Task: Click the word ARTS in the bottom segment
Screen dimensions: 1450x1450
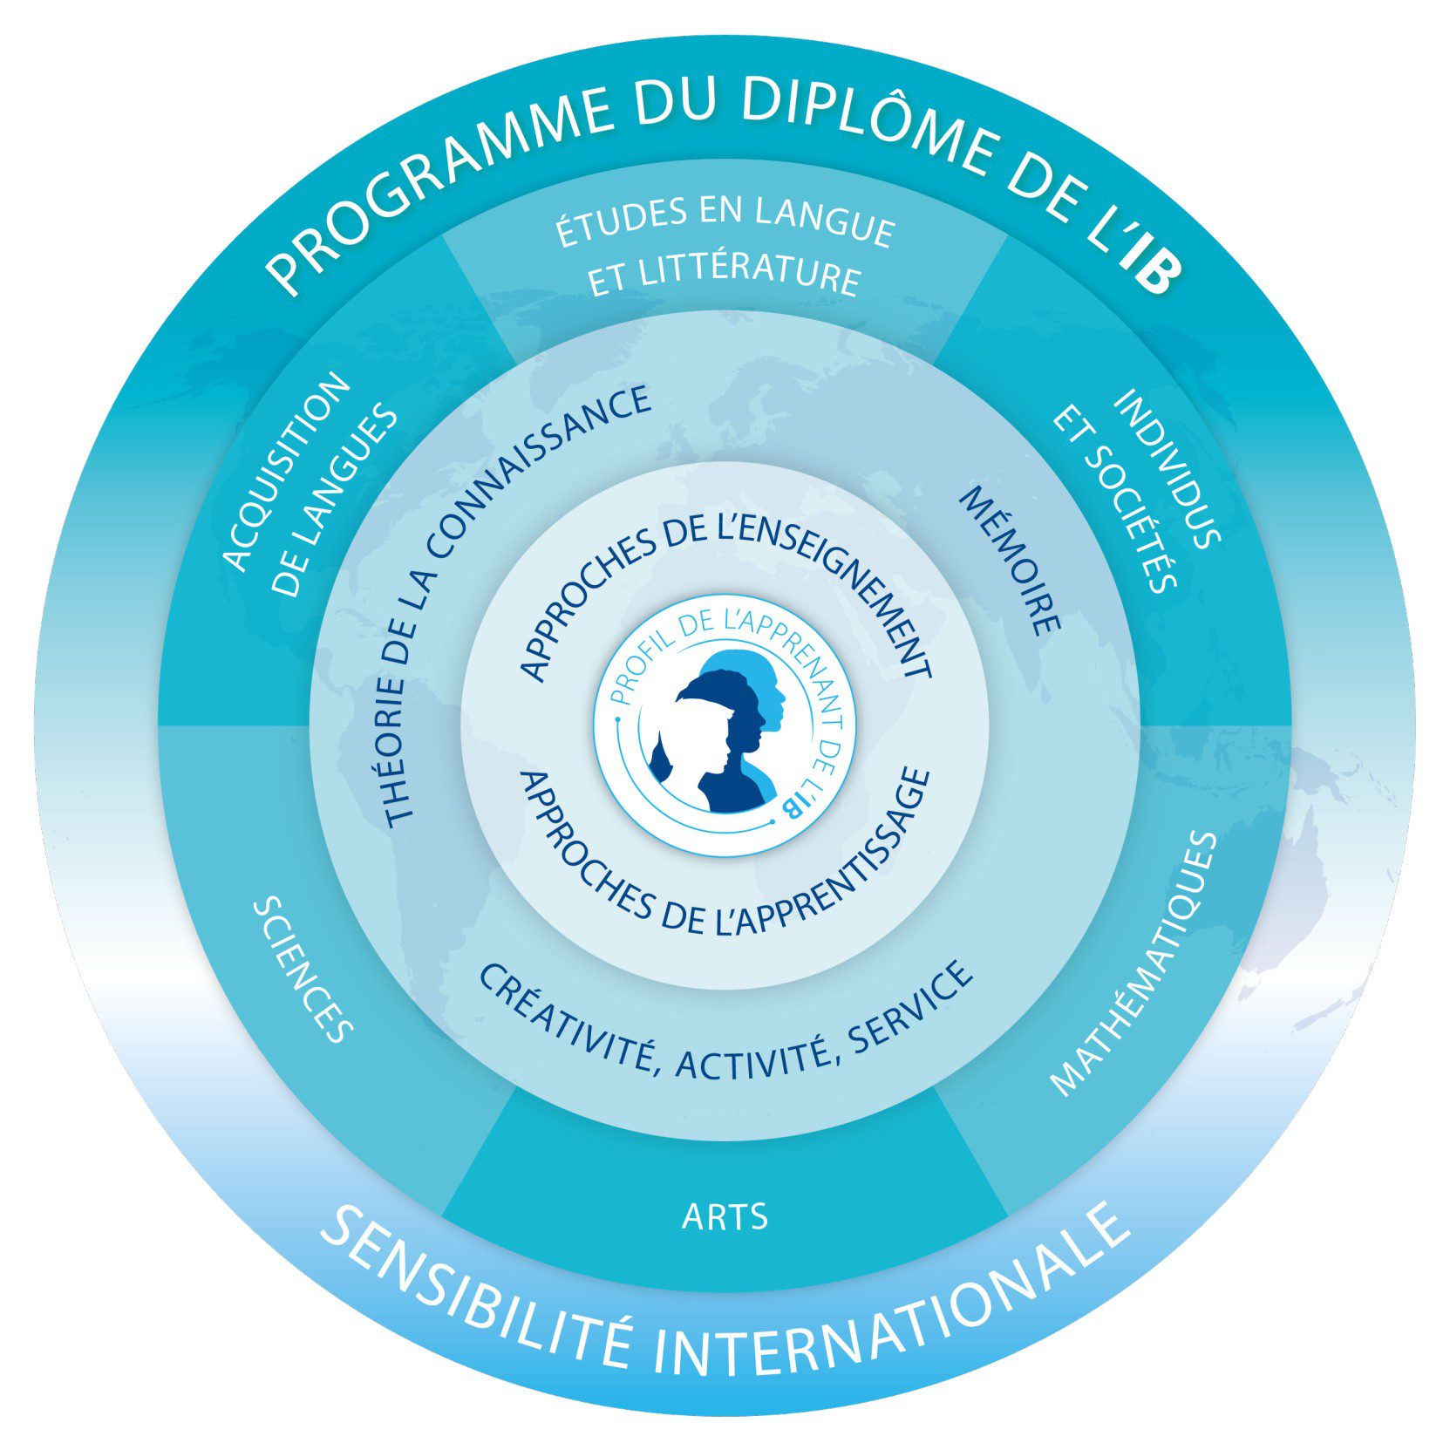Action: [x=725, y=1215]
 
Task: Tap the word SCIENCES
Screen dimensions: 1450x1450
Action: [x=303, y=970]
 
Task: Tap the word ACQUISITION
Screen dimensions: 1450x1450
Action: [x=287, y=472]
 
